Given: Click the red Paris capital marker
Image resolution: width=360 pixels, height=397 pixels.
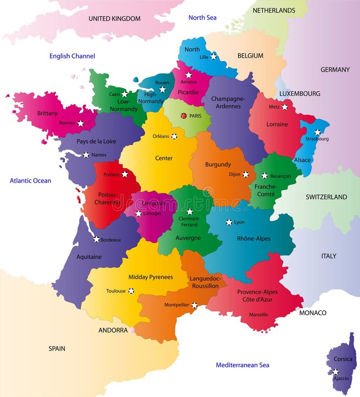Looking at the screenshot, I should tap(184, 116).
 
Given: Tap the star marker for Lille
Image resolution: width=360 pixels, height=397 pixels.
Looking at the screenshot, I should tap(213, 57).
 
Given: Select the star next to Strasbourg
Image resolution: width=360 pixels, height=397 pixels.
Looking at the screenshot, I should tap(317, 132).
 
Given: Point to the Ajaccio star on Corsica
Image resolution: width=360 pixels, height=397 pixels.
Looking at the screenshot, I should tap(335, 371).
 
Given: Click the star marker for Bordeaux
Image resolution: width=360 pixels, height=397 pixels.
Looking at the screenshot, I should tap(96, 239).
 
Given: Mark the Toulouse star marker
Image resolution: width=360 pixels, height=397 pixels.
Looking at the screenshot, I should tap(131, 291).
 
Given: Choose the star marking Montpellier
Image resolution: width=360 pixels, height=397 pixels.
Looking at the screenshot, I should tap(194, 305).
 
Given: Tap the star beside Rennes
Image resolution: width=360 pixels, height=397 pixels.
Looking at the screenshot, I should tap(81, 123).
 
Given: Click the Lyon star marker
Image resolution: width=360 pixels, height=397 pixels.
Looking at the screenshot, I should tap(229, 222).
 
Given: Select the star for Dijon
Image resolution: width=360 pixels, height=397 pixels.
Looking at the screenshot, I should tap(246, 174).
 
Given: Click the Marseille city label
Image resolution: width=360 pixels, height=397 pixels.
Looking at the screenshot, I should tap(259, 315).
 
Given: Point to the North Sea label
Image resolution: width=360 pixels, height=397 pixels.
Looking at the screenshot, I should tap(202, 18).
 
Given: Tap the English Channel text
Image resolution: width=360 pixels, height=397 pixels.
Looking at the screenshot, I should tap(72, 56).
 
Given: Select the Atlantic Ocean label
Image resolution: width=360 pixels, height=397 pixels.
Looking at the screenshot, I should tap(31, 180).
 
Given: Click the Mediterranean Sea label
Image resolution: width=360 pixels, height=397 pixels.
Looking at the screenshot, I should tap(242, 365).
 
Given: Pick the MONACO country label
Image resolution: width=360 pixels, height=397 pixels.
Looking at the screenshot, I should tap(313, 312).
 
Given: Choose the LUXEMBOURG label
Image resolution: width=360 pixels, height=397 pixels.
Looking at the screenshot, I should tap(300, 94).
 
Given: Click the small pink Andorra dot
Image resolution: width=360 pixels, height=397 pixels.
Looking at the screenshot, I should tap(132, 330).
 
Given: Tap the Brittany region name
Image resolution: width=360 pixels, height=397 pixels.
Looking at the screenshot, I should tap(47, 113).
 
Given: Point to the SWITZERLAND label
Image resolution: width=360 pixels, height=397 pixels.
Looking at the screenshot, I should tap(326, 197).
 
